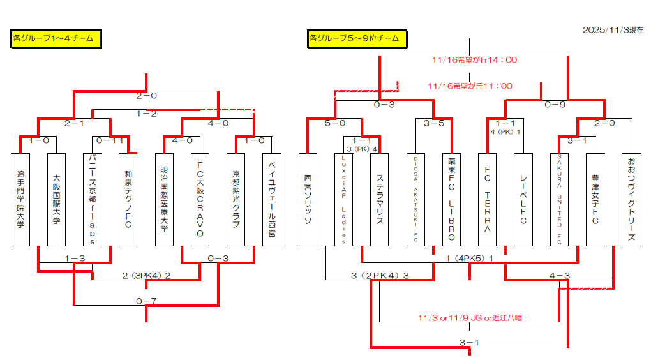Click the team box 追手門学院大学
20,199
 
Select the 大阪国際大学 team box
56,199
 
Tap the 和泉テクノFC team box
128,199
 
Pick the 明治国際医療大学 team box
164,199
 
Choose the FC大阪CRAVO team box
200,199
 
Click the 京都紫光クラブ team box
236,199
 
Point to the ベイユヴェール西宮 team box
272,199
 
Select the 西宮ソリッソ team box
308,199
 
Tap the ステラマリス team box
380,199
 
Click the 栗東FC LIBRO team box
451,199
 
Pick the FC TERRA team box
488,199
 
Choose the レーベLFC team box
523,199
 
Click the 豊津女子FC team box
595,199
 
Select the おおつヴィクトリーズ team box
631,199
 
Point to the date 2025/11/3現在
613,30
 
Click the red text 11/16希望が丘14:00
474,61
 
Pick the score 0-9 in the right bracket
555,105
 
